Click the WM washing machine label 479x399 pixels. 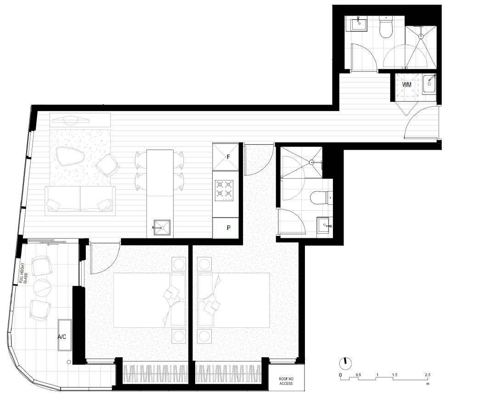(406, 84)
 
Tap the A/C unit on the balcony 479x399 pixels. (65, 336)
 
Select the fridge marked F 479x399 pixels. (225, 157)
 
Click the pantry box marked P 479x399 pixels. (225, 228)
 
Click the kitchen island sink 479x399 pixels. (161, 228)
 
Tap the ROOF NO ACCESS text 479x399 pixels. (286, 381)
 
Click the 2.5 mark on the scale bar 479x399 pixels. (428, 375)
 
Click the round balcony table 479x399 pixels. (42, 287)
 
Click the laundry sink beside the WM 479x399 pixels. (429, 84)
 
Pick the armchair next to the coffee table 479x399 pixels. (107, 165)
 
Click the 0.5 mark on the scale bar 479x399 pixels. (358, 375)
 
